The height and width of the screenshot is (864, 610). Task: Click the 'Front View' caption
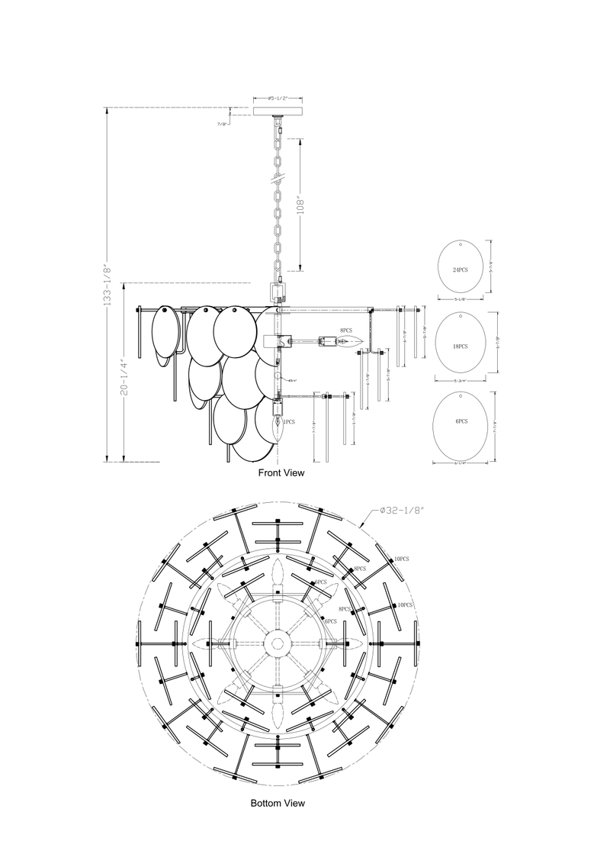[x=281, y=473]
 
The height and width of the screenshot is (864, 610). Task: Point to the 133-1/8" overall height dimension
[x=108, y=285]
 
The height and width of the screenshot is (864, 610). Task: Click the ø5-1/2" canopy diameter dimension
[x=278, y=98]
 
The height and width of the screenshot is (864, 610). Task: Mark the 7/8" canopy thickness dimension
[x=223, y=123]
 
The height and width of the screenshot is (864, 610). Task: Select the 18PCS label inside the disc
[x=460, y=346]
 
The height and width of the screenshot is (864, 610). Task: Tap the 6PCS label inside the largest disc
[x=460, y=421]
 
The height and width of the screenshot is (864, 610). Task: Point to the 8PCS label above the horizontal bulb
[x=346, y=330]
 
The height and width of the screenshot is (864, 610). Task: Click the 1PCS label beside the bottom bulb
[x=289, y=421]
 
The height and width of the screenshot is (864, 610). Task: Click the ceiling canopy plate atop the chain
[x=278, y=111]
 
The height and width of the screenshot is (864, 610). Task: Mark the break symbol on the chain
[x=278, y=181]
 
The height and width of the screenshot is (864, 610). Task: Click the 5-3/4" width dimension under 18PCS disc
[x=460, y=380]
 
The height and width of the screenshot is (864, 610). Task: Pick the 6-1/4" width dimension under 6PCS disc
[x=460, y=463]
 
